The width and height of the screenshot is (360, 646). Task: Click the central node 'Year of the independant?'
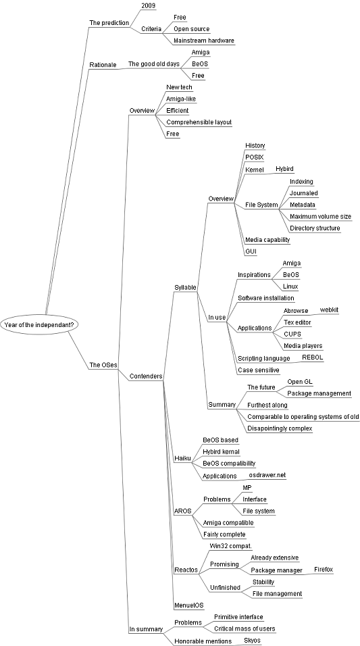click(x=39, y=324)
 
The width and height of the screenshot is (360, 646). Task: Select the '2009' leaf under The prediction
click(x=149, y=5)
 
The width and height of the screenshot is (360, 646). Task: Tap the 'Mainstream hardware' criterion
click(x=204, y=41)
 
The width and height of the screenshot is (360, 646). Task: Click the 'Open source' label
click(x=192, y=29)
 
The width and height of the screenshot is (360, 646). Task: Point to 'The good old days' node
click(x=154, y=64)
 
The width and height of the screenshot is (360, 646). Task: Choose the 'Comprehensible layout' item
click(x=199, y=122)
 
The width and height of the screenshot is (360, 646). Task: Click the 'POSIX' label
click(x=255, y=157)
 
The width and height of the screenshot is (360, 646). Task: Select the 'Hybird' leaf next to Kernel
click(x=284, y=168)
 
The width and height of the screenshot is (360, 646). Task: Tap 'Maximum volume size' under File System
click(x=320, y=216)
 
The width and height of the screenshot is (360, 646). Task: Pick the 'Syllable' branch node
click(x=185, y=287)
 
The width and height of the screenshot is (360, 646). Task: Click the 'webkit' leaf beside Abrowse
click(x=330, y=309)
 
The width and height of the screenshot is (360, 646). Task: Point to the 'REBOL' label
click(x=313, y=357)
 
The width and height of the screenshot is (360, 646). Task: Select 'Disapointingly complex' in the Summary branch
click(x=280, y=428)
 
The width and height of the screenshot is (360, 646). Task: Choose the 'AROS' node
click(x=183, y=511)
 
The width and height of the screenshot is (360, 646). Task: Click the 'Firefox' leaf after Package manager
click(x=324, y=570)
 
